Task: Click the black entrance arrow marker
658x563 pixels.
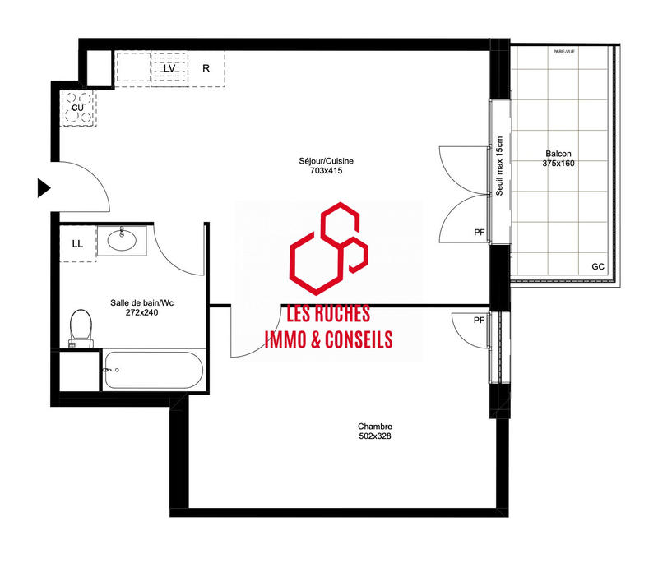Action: tap(44, 187)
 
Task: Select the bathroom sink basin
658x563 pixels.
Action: tap(122, 241)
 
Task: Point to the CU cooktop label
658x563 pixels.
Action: tap(77, 108)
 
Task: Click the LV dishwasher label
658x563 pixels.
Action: tap(169, 68)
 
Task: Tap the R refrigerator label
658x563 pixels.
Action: tap(206, 68)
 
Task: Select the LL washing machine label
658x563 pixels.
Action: tap(78, 244)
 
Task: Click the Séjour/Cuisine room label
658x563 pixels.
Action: tap(327, 161)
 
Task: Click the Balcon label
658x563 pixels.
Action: tap(558, 154)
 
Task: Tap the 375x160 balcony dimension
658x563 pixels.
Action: tap(558, 164)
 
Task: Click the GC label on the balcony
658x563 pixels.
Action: tap(598, 267)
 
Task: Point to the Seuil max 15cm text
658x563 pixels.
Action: tap(499, 168)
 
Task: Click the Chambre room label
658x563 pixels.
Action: tap(375, 426)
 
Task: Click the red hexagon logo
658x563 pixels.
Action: tap(327, 249)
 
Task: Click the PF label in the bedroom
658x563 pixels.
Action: tap(479, 320)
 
